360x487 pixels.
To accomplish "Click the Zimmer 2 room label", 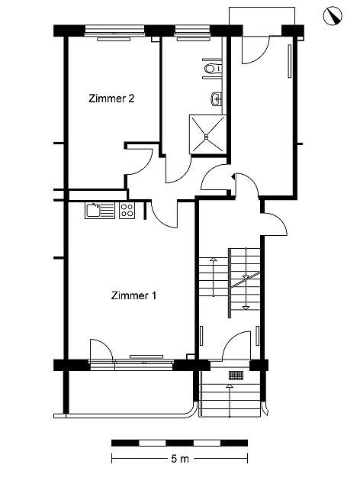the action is [x=111, y=98].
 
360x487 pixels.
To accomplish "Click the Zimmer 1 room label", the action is [x=133, y=295].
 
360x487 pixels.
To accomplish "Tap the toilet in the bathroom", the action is [x=212, y=68].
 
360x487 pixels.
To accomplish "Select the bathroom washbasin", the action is [x=217, y=98].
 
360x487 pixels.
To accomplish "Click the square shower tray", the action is [x=207, y=134].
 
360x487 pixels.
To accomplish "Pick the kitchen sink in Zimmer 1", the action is [x=100, y=210].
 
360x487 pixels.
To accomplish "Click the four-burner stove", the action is [x=127, y=210].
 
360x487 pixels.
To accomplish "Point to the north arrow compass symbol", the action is [x=333, y=16].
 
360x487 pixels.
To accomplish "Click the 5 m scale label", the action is [x=180, y=459].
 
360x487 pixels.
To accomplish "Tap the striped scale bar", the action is [x=179, y=443].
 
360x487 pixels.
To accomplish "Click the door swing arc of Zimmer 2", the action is [x=143, y=166].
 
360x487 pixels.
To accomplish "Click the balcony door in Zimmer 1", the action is [x=101, y=350].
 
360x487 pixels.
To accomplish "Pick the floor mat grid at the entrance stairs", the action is [x=236, y=376].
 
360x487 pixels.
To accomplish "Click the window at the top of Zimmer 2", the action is [x=114, y=30].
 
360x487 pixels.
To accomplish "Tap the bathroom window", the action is [x=193, y=30].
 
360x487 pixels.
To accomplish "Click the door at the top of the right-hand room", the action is [x=256, y=50].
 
